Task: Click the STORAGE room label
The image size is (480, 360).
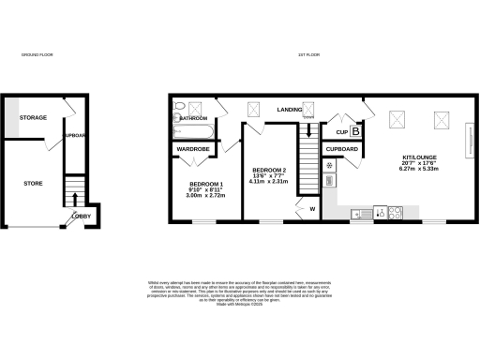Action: [34, 117]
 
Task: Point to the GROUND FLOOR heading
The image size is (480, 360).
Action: [37, 56]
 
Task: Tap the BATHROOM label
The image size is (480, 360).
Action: [194, 119]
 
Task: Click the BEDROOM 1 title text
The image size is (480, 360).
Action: [206, 183]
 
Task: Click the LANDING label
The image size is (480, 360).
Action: [289, 111]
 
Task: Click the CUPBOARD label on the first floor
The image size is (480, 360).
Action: [342, 149]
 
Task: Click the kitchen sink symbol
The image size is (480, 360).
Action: [361, 214]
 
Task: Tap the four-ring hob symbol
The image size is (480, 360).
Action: [395, 213]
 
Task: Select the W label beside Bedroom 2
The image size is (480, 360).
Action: [312, 209]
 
